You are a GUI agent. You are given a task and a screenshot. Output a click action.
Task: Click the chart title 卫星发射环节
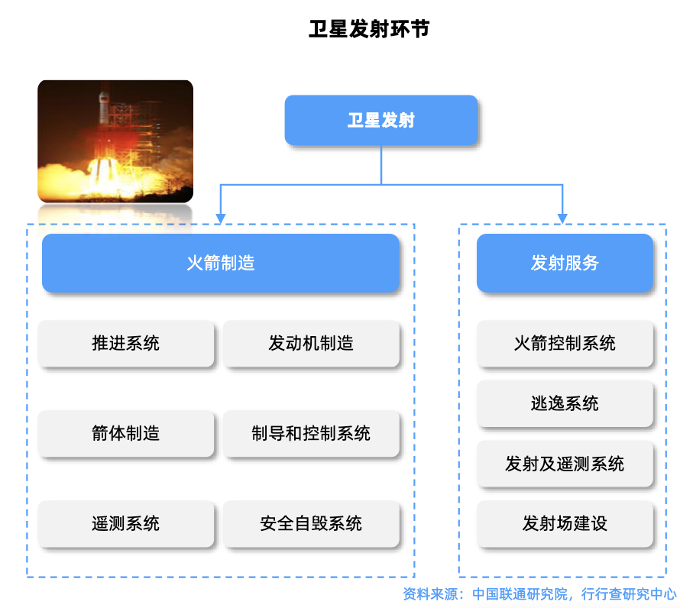click(x=370, y=29)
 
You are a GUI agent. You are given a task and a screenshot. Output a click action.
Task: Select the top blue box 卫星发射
click(x=381, y=120)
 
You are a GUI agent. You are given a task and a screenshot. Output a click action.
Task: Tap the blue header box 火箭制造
click(x=220, y=264)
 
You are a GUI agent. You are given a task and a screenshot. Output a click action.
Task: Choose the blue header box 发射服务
click(x=565, y=264)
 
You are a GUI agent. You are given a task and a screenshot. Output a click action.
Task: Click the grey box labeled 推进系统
click(x=126, y=344)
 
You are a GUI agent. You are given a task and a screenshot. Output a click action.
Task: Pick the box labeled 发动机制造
click(x=311, y=344)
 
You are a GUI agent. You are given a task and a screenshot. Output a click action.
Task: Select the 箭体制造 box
click(x=126, y=434)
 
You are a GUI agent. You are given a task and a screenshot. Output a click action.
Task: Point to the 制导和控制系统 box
click(x=311, y=434)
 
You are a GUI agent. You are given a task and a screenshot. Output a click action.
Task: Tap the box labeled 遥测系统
click(x=126, y=524)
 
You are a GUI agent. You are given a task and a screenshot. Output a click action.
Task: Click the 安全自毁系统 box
click(x=311, y=524)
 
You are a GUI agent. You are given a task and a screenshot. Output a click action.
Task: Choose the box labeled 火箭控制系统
click(x=565, y=344)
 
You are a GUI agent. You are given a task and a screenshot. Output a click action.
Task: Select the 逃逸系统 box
click(x=565, y=403)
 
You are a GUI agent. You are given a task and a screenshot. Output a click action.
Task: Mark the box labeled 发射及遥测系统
click(x=565, y=464)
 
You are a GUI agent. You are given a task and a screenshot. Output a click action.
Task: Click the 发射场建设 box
click(x=565, y=524)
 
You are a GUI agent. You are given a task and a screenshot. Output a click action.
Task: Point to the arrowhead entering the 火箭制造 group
click(x=220, y=218)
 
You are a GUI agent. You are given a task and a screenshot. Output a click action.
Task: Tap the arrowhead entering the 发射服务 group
click(x=563, y=218)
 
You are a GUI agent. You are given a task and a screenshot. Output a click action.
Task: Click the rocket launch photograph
click(x=115, y=141)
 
